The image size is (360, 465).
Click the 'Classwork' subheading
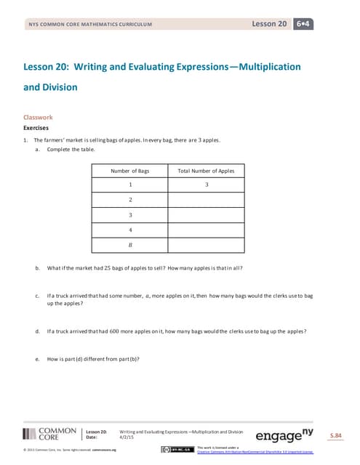[39, 117]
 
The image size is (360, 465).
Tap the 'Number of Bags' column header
[129, 171]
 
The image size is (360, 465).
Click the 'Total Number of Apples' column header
[206, 171]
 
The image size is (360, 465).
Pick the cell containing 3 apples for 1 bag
[207, 185]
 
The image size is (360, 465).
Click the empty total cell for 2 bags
[207, 200]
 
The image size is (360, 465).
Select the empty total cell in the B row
[207, 245]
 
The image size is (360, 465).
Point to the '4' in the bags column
[129, 230]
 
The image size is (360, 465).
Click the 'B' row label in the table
[129, 245]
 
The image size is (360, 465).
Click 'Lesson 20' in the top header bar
[269, 24]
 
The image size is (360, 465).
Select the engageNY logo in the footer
[287, 435]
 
